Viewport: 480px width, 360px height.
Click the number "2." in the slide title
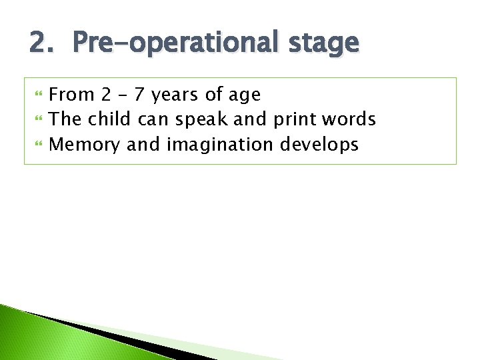(x=42, y=43)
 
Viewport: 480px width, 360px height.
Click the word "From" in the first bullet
(x=72, y=95)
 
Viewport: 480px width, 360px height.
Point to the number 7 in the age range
(x=140, y=95)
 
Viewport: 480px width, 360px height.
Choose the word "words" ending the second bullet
(x=349, y=119)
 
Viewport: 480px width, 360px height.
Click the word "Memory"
(x=85, y=145)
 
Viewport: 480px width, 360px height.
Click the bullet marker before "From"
(x=37, y=95)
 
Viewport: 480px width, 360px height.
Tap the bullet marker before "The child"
(x=37, y=120)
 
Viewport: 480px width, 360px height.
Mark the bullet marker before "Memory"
(x=37, y=145)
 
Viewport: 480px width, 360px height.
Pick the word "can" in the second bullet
(x=154, y=119)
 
